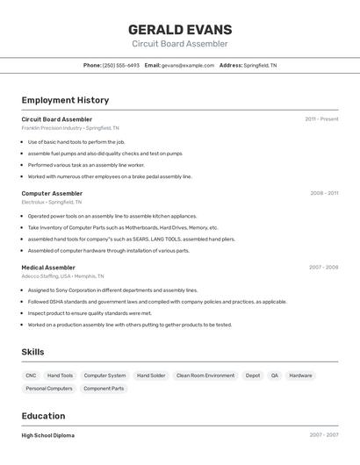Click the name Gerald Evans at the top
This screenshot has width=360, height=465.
pyautogui.click(x=179, y=29)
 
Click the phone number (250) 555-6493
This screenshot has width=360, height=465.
pyautogui.click(x=120, y=65)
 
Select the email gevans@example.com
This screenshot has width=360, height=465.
pyautogui.click(x=188, y=65)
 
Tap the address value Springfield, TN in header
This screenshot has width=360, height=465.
pyautogui.click(x=260, y=65)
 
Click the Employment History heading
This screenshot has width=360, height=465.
pyautogui.click(x=65, y=100)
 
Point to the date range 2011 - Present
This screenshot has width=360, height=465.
pyautogui.click(x=321, y=119)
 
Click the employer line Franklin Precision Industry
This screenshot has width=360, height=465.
pyautogui.click(x=70, y=128)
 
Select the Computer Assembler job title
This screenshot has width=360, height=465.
pyautogui.click(x=52, y=193)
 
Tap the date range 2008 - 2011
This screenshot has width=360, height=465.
pyautogui.click(x=323, y=193)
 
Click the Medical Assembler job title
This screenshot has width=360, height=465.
pyautogui.click(x=48, y=267)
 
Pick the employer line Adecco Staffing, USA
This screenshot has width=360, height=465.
pyautogui.click(x=62, y=275)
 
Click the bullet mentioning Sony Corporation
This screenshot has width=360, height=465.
pyautogui.click(x=112, y=290)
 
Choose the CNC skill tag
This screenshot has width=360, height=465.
pyautogui.click(x=31, y=376)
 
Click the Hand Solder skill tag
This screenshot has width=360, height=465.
pyautogui.click(x=151, y=376)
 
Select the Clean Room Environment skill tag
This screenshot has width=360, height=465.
pyautogui.click(x=205, y=376)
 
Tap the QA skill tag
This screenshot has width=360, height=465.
pyautogui.click(x=274, y=376)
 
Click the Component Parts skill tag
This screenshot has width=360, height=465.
pyautogui.click(x=104, y=388)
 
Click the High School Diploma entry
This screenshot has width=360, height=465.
pyautogui.click(x=48, y=435)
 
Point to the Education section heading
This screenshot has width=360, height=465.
pyautogui.click(x=43, y=416)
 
